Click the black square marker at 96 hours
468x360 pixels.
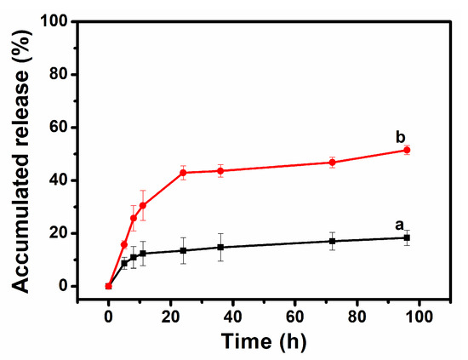click(x=407, y=237)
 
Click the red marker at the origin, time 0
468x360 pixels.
click(x=108, y=286)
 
